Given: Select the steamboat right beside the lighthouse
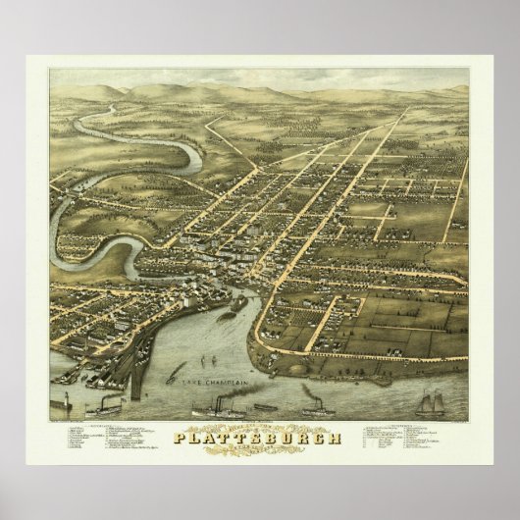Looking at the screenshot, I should coord(103,404).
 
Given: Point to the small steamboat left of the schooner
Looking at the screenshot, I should coord(314,399).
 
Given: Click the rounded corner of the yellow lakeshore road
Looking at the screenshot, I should coord(262,338).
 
